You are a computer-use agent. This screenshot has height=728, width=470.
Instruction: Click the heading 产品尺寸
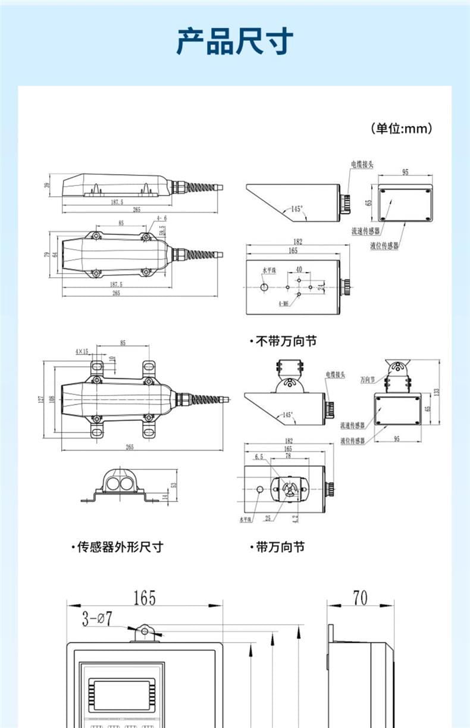tap(234, 42)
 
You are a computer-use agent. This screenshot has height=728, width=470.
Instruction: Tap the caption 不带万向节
tap(285, 341)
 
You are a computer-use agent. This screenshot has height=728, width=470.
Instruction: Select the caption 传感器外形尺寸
tap(120, 547)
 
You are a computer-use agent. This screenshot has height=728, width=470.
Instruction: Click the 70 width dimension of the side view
tap(360, 597)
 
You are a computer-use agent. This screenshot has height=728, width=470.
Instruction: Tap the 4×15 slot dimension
tap(82, 352)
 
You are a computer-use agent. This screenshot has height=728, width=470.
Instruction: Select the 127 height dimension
tap(41, 399)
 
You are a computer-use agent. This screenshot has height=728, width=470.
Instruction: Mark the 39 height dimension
tap(48, 186)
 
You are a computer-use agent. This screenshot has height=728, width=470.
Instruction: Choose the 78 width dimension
tap(288, 456)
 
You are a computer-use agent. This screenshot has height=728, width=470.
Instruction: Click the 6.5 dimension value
tap(259, 457)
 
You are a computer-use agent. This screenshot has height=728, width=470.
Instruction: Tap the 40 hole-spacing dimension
tap(299, 270)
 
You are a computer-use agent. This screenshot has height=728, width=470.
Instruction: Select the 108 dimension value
tap(52, 399)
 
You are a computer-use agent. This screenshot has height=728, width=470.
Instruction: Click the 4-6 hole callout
tap(162, 219)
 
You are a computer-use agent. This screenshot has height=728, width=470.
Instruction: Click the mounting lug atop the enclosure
tap(144, 632)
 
